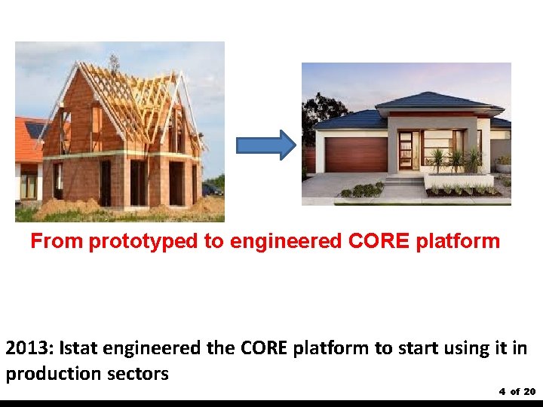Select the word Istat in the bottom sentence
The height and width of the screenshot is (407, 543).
click(x=80, y=349)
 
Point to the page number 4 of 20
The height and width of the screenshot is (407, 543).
click(x=517, y=391)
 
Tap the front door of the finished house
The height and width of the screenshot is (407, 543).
click(x=408, y=150)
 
